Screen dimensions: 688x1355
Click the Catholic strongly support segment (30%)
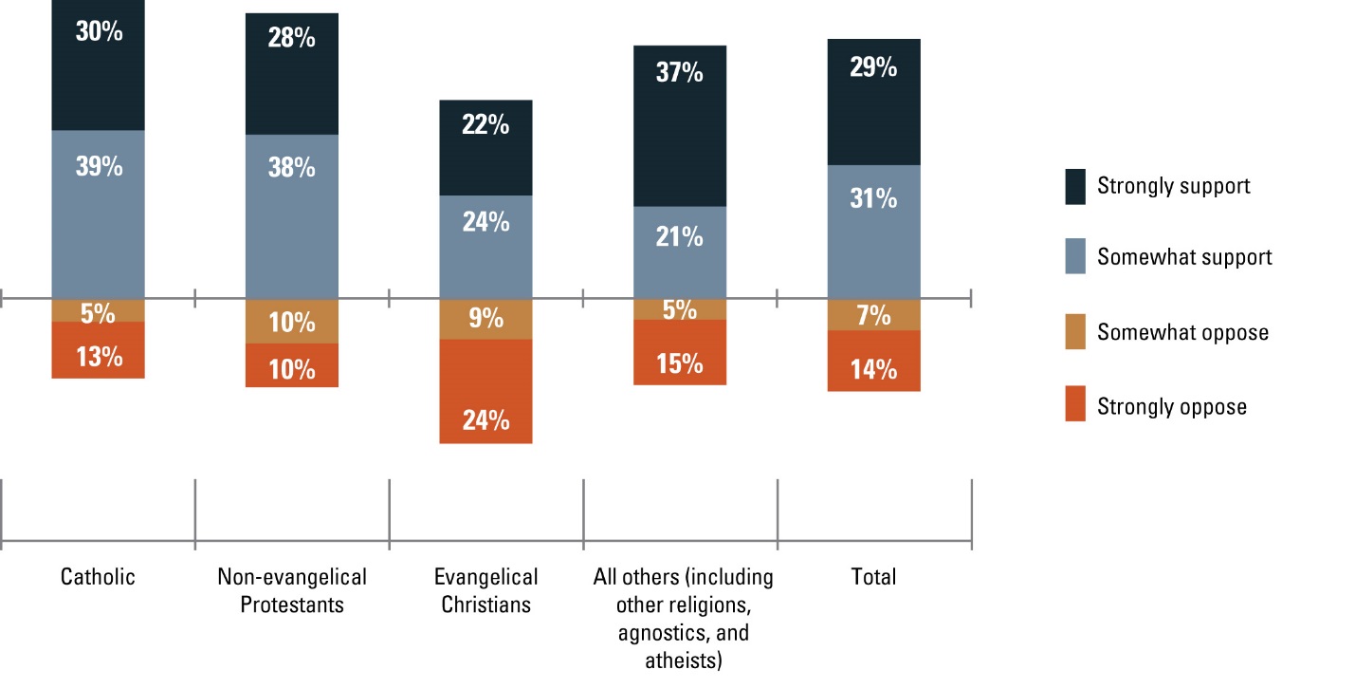click(98, 65)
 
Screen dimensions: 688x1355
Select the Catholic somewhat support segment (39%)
click(98, 214)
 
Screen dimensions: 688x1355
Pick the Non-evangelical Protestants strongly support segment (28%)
click(291, 74)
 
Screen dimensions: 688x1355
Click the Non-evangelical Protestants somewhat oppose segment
click(291, 322)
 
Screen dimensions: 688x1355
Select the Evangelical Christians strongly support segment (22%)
click(485, 148)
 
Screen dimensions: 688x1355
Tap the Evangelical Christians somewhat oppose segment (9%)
click(485, 320)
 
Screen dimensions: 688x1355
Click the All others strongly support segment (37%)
click(679, 125)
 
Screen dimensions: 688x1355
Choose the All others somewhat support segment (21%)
click(679, 252)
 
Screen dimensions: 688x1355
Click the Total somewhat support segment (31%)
click(873, 232)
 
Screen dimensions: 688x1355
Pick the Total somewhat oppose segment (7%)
click(873, 315)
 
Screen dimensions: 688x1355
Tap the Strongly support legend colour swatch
click(1075, 186)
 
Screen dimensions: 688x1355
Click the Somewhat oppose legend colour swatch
click(1075, 333)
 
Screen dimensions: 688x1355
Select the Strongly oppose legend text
click(1172, 407)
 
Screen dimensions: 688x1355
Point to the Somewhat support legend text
click(1184, 257)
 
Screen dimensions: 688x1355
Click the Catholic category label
click(98, 577)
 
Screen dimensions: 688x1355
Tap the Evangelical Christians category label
click(485, 590)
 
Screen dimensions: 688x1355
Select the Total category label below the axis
click(873, 577)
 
